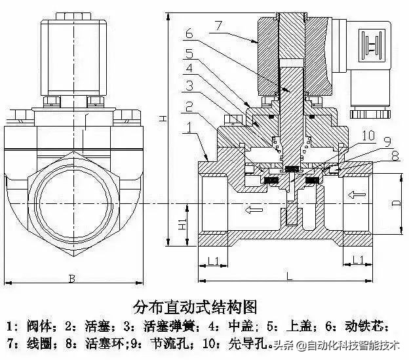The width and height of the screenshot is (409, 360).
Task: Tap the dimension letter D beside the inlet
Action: [395, 203]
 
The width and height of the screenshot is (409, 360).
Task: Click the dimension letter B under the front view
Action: [71, 279]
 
